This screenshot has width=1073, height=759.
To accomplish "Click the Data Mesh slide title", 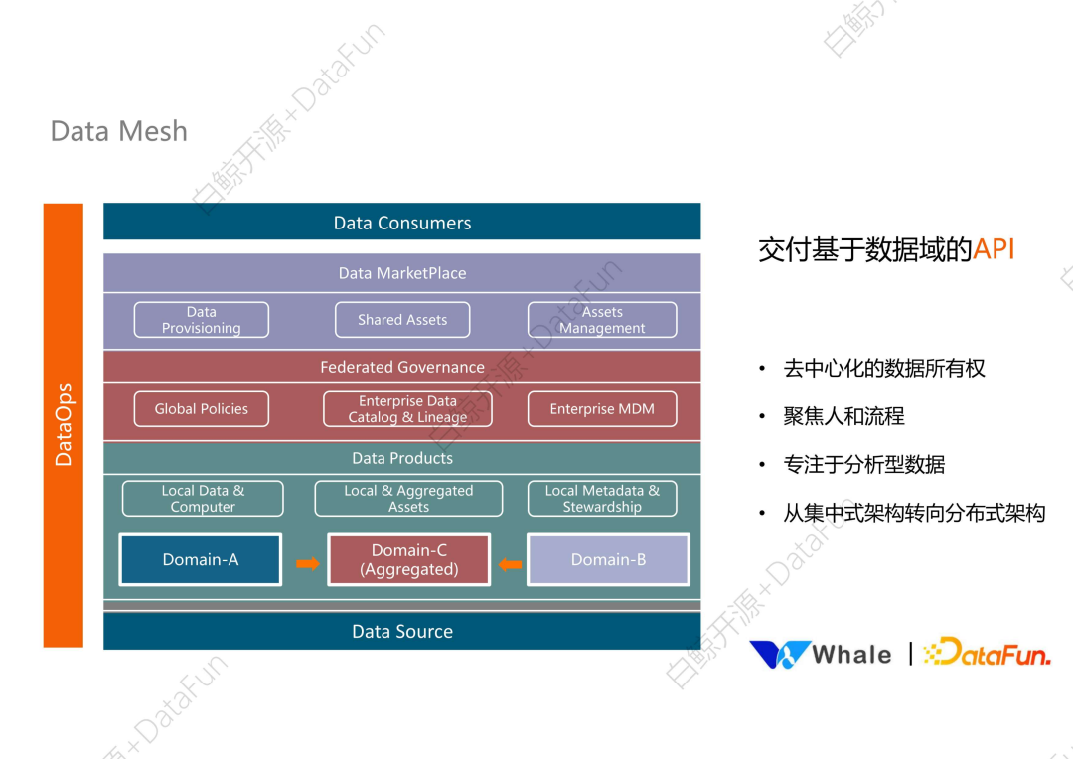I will pos(118,131).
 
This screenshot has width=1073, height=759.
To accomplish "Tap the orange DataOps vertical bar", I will pos(64,425).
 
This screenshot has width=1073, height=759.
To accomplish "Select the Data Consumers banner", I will pos(401,223).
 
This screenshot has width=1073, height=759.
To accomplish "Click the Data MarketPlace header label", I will pos(401,273).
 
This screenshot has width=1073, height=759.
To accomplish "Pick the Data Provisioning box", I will pos(202,320).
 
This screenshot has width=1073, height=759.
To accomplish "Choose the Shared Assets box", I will pos(401,320).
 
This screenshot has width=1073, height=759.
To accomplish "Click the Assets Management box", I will pos(602,320).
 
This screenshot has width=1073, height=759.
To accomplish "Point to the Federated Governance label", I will pos(401,367).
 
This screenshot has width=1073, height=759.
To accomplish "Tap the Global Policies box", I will pos(202,409).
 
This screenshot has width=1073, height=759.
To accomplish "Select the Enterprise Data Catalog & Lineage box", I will pos(407,409).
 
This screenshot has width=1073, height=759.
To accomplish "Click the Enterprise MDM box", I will pos(602,409).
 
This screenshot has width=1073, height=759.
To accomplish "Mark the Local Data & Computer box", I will pos(203,499).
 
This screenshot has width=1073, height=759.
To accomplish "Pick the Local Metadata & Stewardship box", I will pos(602,499).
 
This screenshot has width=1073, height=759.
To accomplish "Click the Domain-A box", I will pos(201,559).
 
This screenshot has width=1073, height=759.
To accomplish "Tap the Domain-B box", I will pos(608,559).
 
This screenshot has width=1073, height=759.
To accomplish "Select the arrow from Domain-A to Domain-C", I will pos(308,564).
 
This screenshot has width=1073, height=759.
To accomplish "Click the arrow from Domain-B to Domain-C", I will pos(510,564).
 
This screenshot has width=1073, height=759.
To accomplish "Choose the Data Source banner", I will pos(401,631).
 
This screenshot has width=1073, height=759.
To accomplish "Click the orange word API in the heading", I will pos(994,249).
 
